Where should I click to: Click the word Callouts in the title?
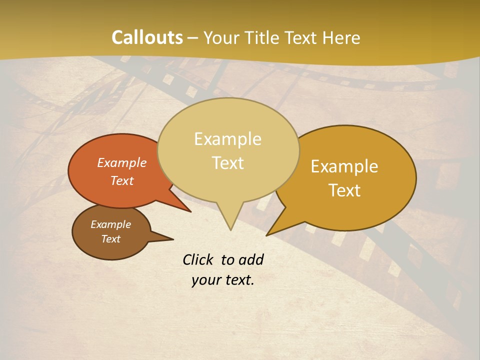(x=147, y=37)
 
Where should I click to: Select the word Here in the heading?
(x=341, y=37)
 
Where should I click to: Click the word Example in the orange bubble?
(x=122, y=162)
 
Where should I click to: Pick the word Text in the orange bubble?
(x=122, y=180)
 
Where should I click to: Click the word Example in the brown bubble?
(x=111, y=224)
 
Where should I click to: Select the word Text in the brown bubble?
(x=111, y=239)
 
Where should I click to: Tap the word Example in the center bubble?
(x=228, y=138)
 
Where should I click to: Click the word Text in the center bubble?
(x=228, y=162)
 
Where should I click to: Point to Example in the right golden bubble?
(x=344, y=166)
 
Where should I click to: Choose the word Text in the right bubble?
(x=344, y=190)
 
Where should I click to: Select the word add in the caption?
(x=251, y=259)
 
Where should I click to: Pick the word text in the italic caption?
(x=237, y=280)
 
